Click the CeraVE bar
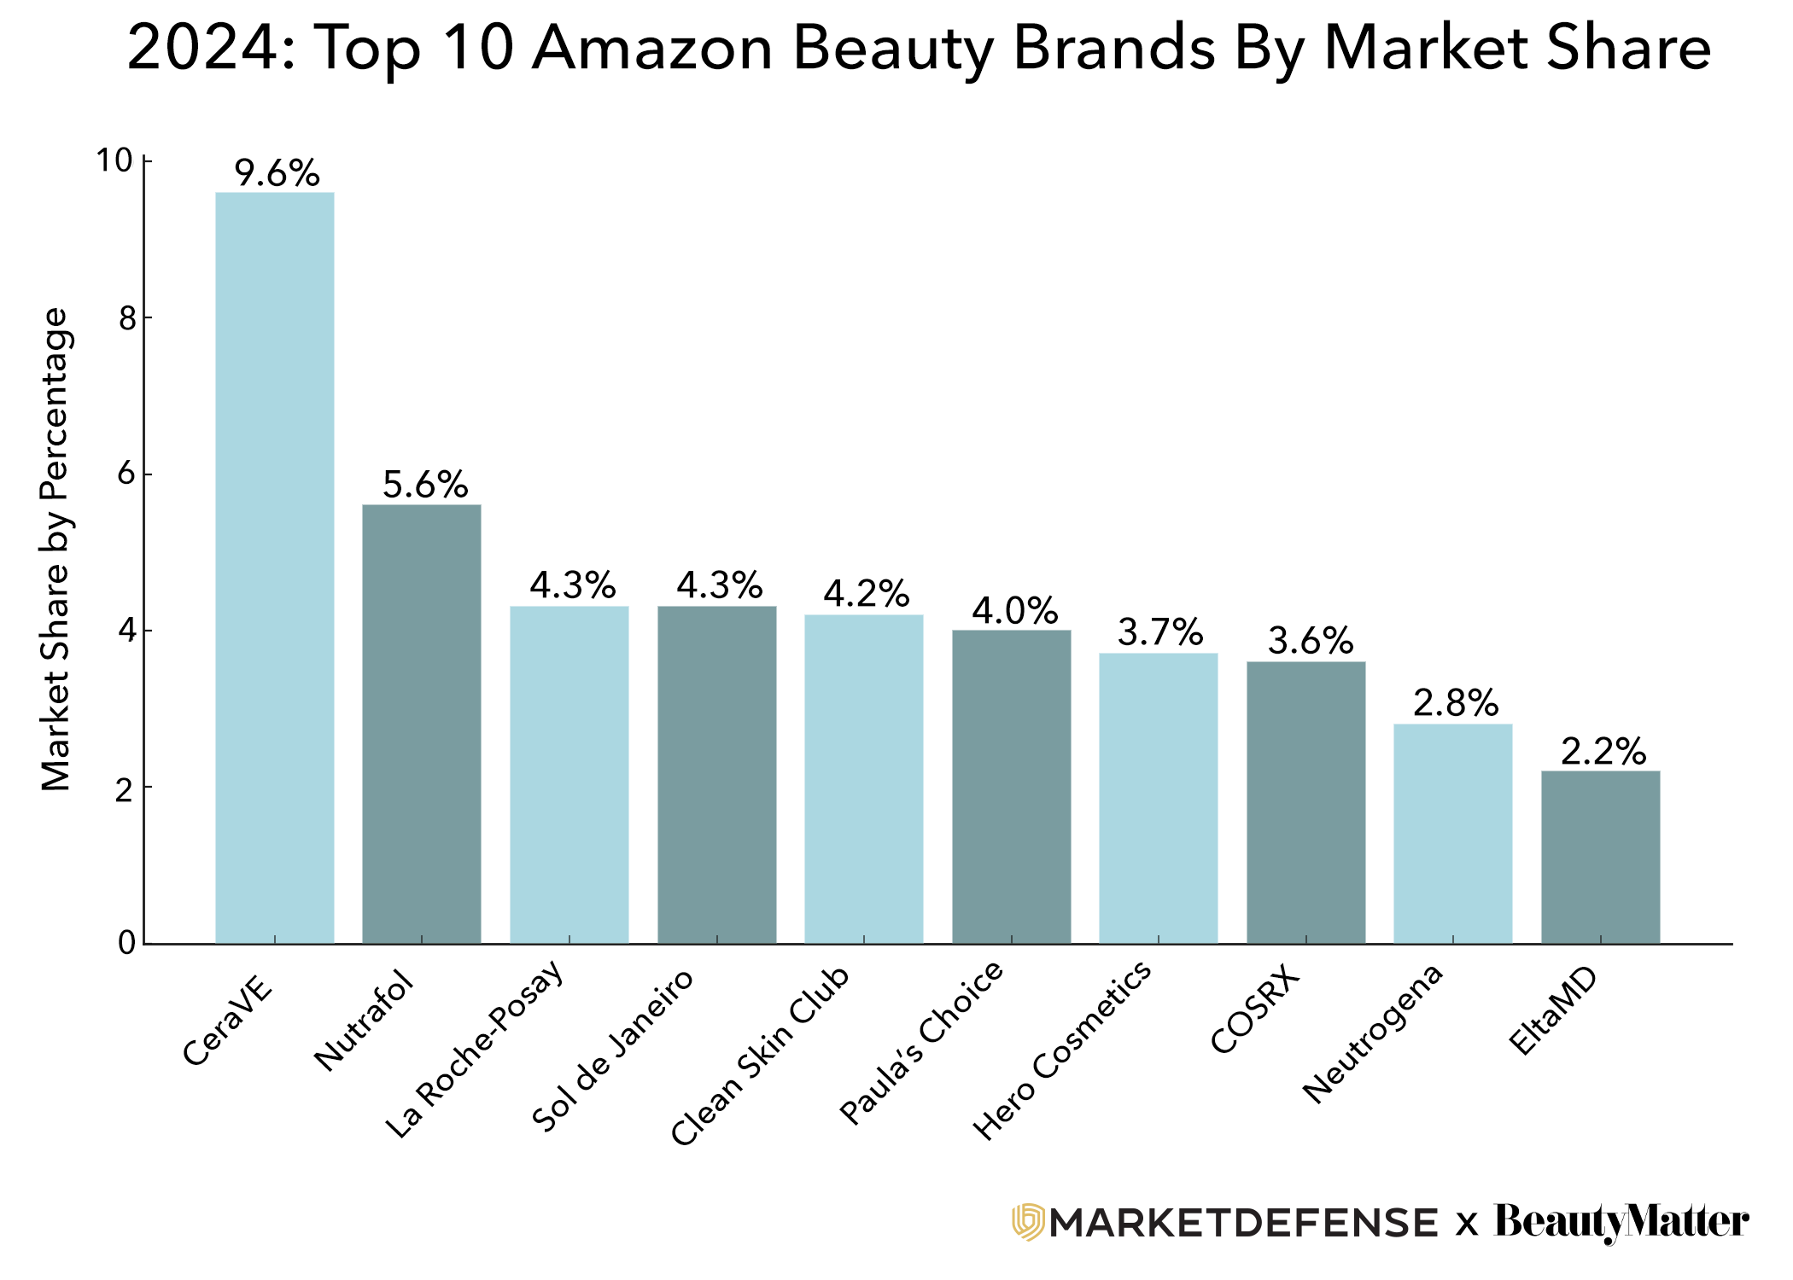point(274,567)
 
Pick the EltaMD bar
point(1600,857)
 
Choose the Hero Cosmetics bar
point(1158,798)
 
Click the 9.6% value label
point(277,173)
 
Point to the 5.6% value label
point(424,485)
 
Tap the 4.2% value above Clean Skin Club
point(866,594)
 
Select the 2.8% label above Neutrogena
point(1455,703)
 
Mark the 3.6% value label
point(1310,641)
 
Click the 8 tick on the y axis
point(128,318)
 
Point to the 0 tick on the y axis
point(127,943)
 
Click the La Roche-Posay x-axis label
point(475,1049)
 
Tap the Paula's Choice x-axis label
point(922,1042)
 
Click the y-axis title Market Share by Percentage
point(56,550)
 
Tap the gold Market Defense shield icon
point(1028,1221)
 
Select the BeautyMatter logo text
point(1621,1221)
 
